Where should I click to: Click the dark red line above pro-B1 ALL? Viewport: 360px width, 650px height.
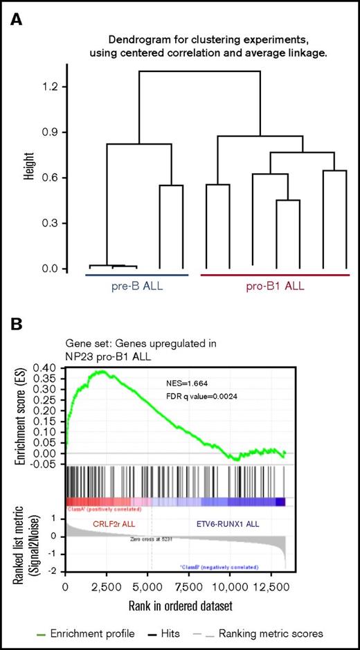tap(275, 275)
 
